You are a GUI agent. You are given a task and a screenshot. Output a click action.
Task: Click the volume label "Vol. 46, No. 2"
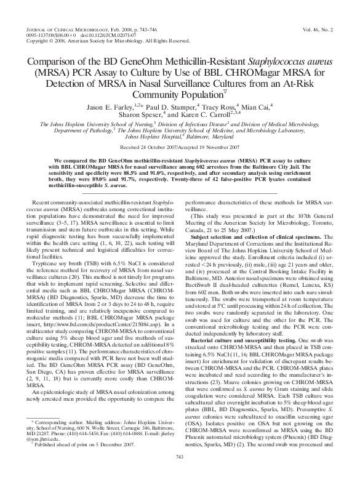pos(318,29)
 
